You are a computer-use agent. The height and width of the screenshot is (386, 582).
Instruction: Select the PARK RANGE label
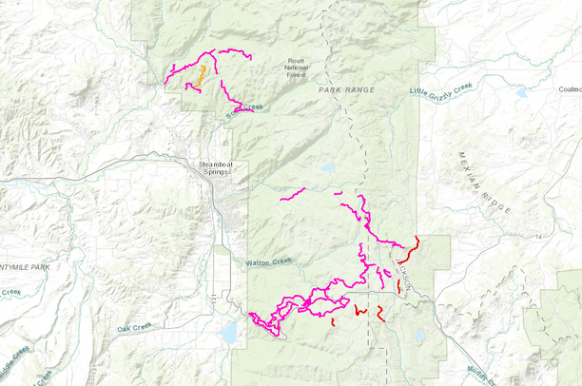pos(347,89)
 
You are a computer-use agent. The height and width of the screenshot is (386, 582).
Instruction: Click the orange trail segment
pos(201,75)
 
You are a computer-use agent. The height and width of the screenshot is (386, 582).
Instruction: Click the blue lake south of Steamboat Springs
pos(229,333)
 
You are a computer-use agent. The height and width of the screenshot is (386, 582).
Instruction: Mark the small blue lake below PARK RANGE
pos(328,167)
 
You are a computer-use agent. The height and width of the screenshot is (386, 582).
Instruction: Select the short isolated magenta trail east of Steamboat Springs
pos(292,196)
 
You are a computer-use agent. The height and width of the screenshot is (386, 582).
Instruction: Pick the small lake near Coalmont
pos(520,93)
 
